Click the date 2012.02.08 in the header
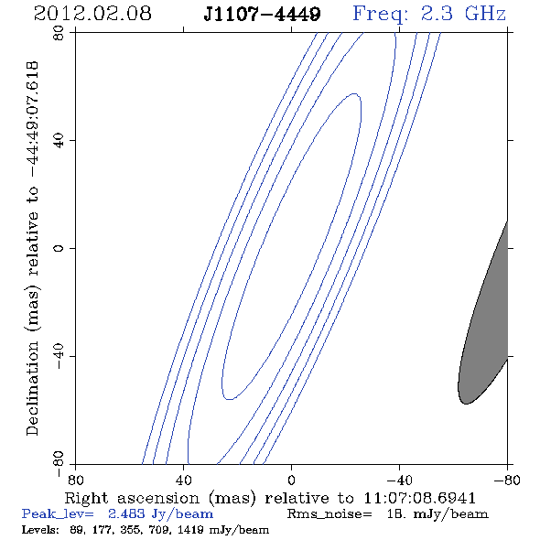(92, 14)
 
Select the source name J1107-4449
(262, 14)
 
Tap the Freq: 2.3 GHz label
(429, 14)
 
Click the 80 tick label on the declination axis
(59, 33)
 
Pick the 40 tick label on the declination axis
(59, 141)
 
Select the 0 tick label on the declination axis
(59, 248)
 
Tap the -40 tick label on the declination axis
(59, 356)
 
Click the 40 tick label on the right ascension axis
(183, 481)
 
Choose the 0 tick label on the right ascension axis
(291, 481)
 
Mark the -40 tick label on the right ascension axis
(399, 481)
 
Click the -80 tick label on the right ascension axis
(507, 481)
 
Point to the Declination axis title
(32, 248)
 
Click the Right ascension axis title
(270, 498)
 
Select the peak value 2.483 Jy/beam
(160, 514)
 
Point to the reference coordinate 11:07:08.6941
(419, 498)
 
